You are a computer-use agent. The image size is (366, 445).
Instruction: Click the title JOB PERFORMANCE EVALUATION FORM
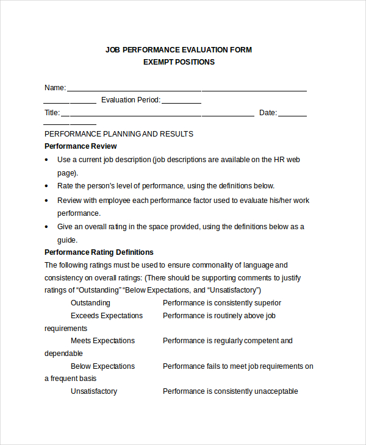pyautogui.click(x=179, y=49)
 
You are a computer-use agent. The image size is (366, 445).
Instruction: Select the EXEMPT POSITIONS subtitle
pyautogui.click(x=179, y=62)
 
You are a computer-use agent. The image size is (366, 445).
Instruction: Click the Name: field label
pyautogui.click(x=55, y=88)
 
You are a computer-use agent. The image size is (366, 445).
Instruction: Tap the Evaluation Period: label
pyautogui.click(x=131, y=100)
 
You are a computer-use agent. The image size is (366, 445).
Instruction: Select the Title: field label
pyautogui.click(x=52, y=113)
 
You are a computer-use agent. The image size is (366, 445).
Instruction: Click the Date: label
pyautogui.click(x=268, y=113)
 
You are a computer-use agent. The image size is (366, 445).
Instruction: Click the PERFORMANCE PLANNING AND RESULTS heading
pyautogui.click(x=119, y=134)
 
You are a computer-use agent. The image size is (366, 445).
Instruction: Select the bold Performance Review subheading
pyautogui.click(x=81, y=146)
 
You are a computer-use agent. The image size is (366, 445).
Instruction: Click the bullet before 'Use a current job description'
pyautogui.click(x=48, y=160)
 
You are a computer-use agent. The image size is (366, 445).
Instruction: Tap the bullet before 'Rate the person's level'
pyautogui.click(x=48, y=187)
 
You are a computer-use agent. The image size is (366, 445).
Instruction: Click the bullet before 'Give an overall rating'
pyautogui.click(x=48, y=227)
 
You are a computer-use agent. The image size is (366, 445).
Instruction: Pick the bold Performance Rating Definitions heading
pyautogui.click(x=99, y=252)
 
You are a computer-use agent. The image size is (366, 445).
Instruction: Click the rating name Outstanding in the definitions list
pyautogui.click(x=90, y=303)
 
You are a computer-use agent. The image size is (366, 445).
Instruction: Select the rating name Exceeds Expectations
pyautogui.click(x=107, y=316)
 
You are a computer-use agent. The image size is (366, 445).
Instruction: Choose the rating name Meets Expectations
pyautogui.click(x=102, y=341)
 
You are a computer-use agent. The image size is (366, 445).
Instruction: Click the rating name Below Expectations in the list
pyautogui.click(x=102, y=366)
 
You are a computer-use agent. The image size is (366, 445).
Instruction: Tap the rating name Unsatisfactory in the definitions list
pyautogui.click(x=94, y=391)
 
